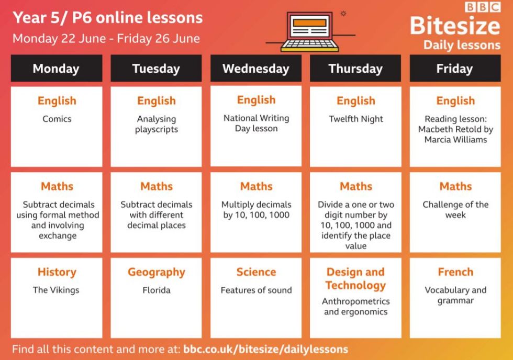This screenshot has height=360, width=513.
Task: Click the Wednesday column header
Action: [x=256, y=69]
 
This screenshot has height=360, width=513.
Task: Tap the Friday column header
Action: [x=455, y=69]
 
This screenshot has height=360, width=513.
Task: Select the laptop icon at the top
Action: [x=310, y=32]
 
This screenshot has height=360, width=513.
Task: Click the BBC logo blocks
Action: [x=483, y=7]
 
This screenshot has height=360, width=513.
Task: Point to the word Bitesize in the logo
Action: [x=455, y=26]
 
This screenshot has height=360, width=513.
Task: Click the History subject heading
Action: [x=57, y=272]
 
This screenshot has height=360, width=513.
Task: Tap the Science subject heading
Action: [x=256, y=272]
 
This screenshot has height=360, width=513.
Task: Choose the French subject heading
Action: [x=455, y=272]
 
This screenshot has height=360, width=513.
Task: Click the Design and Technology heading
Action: [x=355, y=278]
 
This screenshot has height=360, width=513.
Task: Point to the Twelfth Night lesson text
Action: [x=355, y=119]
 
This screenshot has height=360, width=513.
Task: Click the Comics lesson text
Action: [x=57, y=119]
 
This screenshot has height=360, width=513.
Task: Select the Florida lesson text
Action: [x=157, y=290]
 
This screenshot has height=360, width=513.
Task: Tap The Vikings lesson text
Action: [x=56, y=290]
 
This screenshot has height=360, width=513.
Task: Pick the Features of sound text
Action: [x=256, y=290]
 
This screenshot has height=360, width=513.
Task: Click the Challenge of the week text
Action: [x=455, y=210]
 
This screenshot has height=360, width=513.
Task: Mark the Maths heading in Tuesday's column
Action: [x=157, y=186]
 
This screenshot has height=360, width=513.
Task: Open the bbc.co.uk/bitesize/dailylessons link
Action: [x=266, y=349]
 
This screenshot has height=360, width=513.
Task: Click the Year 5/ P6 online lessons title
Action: [x=108, y=18]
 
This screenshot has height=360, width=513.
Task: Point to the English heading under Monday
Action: [x=57, y=100]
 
